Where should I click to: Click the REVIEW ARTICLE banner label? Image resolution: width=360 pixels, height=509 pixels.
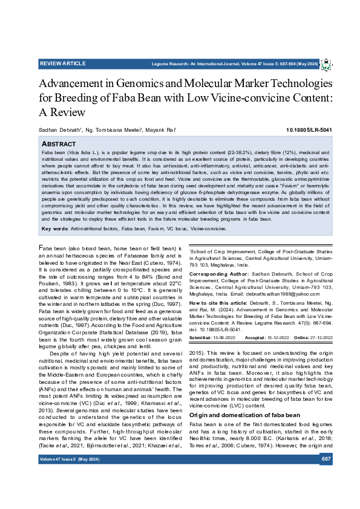(x=63, y=63)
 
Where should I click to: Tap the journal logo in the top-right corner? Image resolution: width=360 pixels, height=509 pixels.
(x=326, y=64)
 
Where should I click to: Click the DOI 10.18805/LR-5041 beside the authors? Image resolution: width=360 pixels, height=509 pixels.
(x=309, y=130)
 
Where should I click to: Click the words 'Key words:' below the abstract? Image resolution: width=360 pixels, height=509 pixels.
(x=54, y=229)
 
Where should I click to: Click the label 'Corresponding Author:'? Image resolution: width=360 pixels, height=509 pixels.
(x=215, y=274)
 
